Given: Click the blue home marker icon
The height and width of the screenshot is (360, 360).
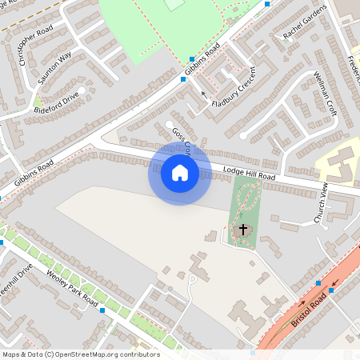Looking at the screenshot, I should pos(180,173).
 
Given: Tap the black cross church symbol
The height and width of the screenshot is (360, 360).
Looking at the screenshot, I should pos(243,230).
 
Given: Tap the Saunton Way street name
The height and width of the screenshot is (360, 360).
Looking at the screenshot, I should pos(54,68).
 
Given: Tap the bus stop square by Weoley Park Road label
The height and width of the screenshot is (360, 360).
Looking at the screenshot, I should pos(102,310).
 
